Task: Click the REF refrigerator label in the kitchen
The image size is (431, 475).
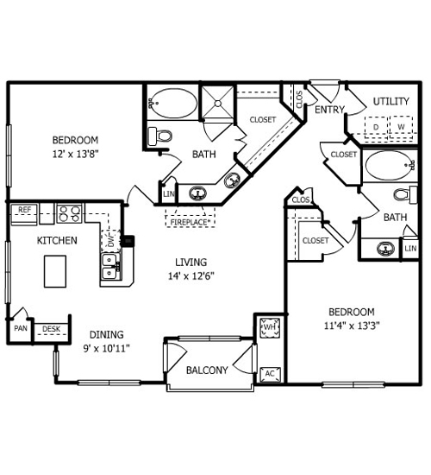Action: [x=24, y=210]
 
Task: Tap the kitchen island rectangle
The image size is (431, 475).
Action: [x=55, y=271]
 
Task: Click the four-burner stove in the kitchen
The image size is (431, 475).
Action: [x=70, y=213]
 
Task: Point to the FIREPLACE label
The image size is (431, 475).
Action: [x=190, y=222]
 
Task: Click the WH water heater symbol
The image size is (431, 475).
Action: [x=270, y=327]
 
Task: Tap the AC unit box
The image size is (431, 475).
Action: [x=270, y=374]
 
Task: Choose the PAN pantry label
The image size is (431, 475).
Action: [x=21, y=328]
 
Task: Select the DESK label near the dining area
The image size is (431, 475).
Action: [x=51, y=329]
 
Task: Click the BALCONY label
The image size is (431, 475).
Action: [x=207, y=370]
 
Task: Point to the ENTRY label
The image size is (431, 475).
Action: [x=329, y=110]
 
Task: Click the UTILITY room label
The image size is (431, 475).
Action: [x=391, y=102]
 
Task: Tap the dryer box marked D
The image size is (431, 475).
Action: [x=376, y=127]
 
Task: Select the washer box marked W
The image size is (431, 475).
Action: [x=401, y=127]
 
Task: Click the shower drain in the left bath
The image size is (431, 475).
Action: [x=218, y=104]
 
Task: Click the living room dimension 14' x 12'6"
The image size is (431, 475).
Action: [x=191, y=276]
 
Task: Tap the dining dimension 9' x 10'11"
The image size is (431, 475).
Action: [x=107, y=349]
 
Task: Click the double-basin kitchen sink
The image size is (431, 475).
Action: [x=109, y=267]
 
